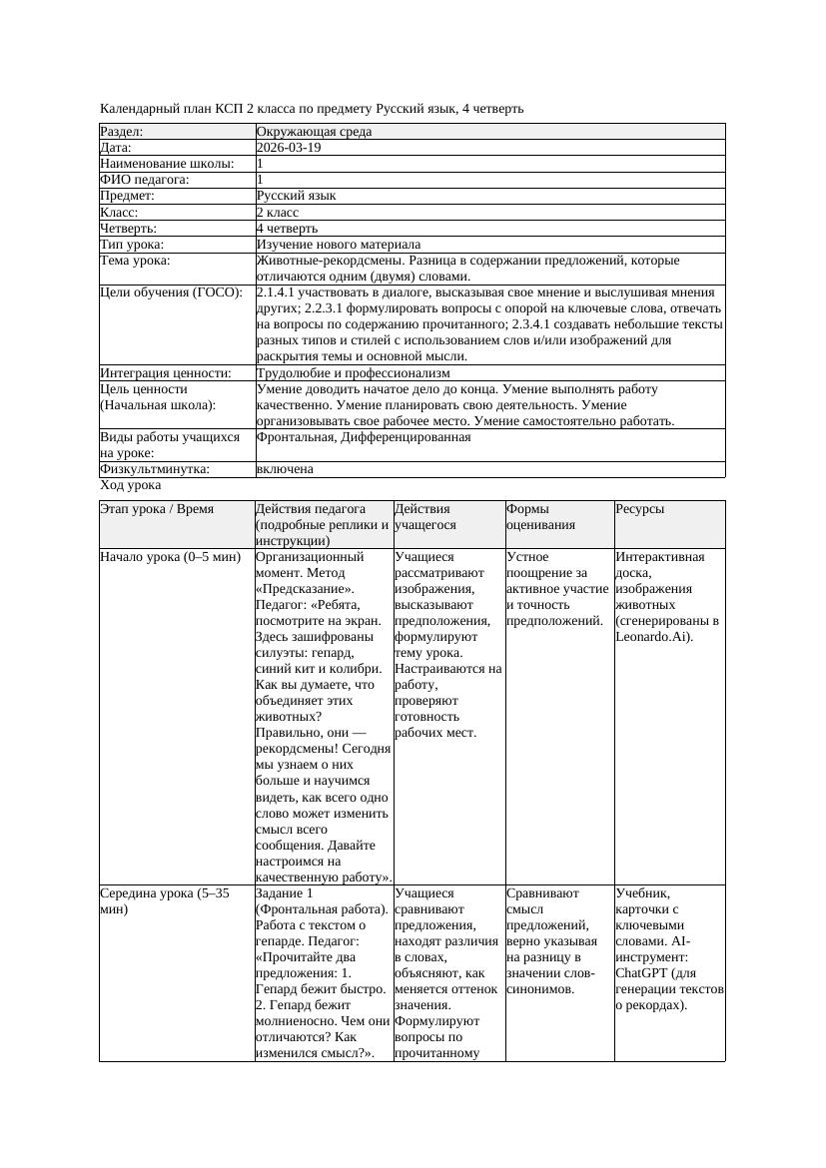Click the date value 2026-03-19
289,147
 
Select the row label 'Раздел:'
122,131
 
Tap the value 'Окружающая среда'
310,131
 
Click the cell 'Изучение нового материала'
339,244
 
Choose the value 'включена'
285,468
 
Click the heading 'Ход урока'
131,485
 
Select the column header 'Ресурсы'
639,509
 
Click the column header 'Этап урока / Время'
157,509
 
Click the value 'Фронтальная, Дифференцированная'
364,436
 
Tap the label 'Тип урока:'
132,244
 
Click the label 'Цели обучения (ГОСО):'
171,292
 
